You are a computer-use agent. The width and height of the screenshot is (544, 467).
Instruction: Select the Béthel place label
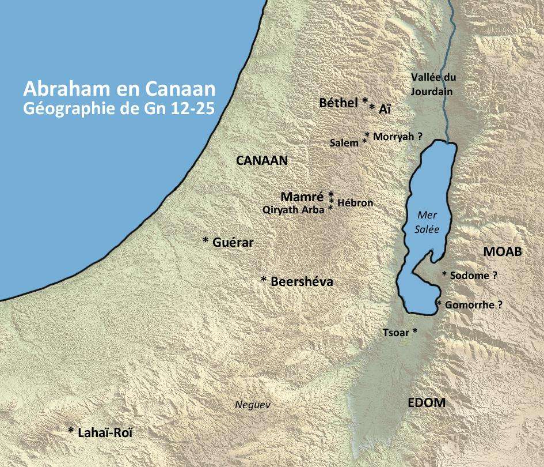[339, 103]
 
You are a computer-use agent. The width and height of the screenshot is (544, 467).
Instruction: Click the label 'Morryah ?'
[398, 137]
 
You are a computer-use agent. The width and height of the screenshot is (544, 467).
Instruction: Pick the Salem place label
[344, 143]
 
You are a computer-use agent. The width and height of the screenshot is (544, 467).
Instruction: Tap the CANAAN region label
[262, 161]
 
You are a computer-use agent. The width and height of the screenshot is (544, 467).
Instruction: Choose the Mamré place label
[303, 196]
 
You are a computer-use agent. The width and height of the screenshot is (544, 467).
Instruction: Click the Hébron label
[355, 203]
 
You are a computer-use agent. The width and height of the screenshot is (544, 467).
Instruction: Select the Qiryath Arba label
[293, 210]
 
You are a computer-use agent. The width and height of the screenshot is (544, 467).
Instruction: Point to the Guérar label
[233, 243]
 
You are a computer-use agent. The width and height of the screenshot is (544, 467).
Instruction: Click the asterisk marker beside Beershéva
[264, 280]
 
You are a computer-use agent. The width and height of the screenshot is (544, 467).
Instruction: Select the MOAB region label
[502, 252]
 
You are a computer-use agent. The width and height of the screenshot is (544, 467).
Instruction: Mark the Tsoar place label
[396, 333]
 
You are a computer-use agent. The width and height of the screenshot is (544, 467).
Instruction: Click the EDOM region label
[427, 403]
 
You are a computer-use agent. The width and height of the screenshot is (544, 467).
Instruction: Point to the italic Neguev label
[252, 405]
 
